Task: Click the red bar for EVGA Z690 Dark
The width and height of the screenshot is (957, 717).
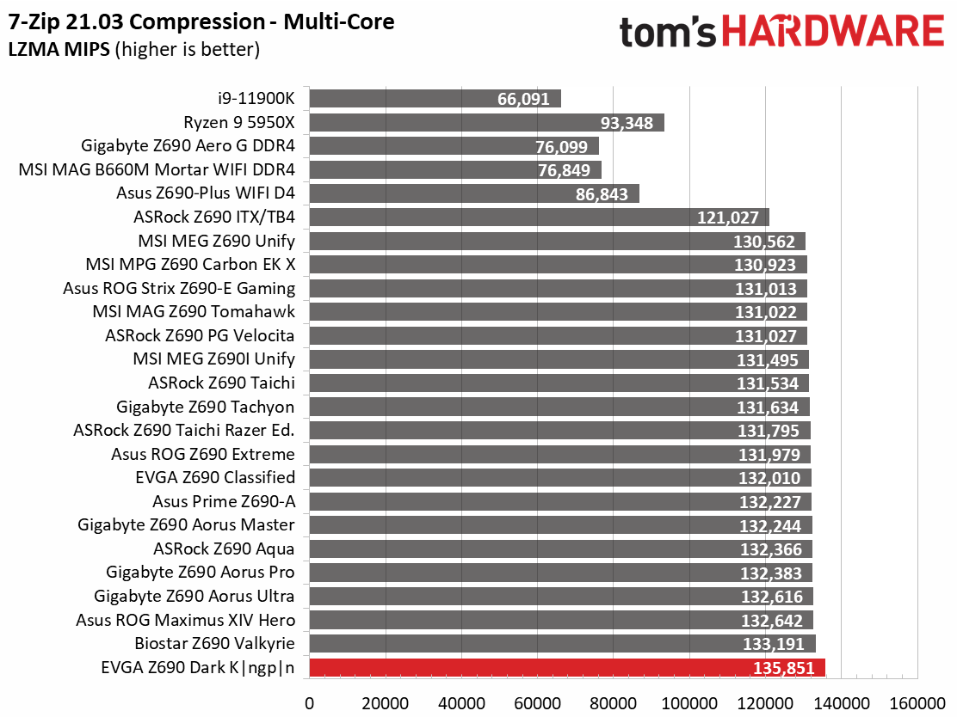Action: [567, 668]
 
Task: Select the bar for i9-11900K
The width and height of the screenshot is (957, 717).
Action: [435, 99]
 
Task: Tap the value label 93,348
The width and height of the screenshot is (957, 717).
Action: [627, 123]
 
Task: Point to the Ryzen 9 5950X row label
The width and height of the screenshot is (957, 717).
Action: [239, 123]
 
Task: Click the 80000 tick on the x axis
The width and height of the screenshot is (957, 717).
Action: [614, 703]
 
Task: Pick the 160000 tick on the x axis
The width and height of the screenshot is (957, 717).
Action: [917, 703]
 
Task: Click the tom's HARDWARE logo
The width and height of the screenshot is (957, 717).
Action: [781, 32]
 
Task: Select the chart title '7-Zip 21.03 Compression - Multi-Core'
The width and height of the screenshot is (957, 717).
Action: [201, 22]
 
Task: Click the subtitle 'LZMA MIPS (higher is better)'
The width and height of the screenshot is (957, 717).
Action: [133, 49]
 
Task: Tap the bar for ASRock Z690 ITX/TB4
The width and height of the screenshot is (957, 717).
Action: [539, 217]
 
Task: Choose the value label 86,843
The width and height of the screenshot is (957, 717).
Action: [602, 194]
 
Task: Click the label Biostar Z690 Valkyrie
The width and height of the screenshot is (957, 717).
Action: [215, 643]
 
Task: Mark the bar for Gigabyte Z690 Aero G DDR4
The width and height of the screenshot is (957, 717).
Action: [454, 146]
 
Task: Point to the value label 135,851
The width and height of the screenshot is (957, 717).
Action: [784, 668]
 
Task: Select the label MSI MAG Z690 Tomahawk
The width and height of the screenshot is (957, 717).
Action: [194, 311]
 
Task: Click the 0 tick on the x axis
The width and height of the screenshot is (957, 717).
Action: [310, 703]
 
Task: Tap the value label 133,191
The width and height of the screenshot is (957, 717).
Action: [774, 644]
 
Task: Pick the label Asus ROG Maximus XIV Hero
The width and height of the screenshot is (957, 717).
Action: [186, 620]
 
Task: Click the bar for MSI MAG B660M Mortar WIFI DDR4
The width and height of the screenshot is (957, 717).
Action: [455, 170]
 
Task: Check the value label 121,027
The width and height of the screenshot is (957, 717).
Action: [728, 218]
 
